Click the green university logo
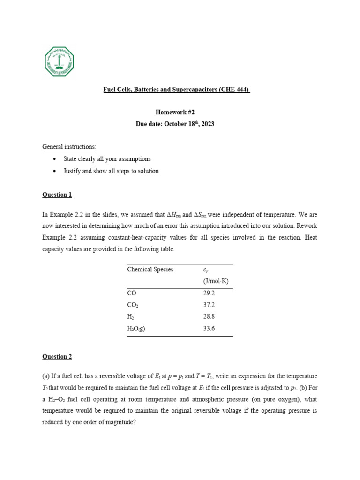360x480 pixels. [x=60, y=61]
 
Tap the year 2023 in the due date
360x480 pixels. [x=207, y=125]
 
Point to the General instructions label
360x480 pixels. [x=69, y=147]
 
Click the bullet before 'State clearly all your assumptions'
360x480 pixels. [x=55, y=159]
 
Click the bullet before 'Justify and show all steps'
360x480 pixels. [x=55, y=171]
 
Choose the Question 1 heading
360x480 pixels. [x=57, y=195]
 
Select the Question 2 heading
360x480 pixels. [x=57, y=357]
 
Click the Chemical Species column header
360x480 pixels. [x=150, y=270]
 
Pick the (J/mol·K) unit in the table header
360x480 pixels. [x=216, y=281]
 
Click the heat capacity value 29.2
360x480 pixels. [x=209, y=293]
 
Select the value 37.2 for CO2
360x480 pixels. [x=209, y=305]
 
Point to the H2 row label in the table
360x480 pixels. [x=131, y=317]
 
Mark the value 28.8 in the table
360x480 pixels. [x=209, y=317]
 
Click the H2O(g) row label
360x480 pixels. [x=136, y=329]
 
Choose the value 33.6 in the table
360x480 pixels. [x=209, y=329]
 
